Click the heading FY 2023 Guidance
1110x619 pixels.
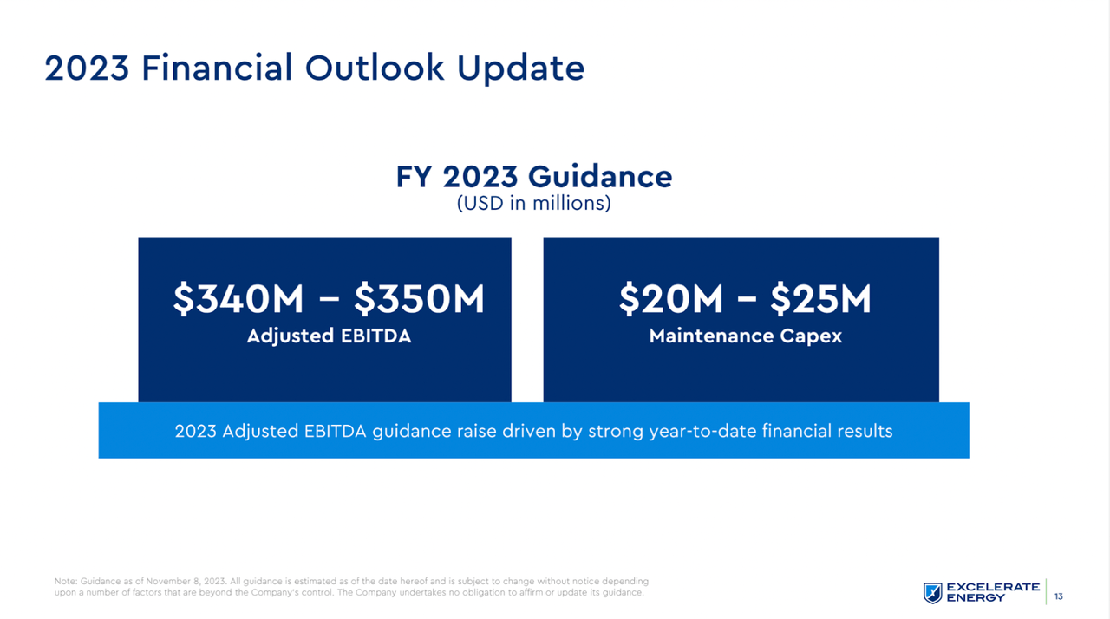pos(533,177)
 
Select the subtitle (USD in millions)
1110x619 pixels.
pos(533,204)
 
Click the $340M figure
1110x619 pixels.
pos(238,299)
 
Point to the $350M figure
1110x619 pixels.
pos(419,299)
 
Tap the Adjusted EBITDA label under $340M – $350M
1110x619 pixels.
pos(329,336)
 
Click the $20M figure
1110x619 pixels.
pos(670,299)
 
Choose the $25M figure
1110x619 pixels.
pos(820,299)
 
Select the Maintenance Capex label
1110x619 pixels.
pos(745,336)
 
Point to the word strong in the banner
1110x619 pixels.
pos(616,431)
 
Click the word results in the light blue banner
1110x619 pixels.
pos(861,431)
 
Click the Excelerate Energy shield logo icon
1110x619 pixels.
pos(932,592)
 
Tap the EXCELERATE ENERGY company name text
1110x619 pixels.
pos(993,592)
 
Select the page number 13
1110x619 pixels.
pos(1059,596)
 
